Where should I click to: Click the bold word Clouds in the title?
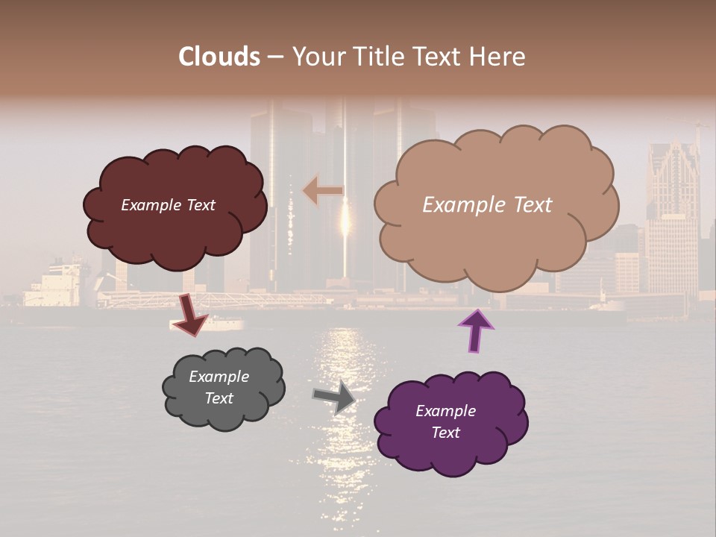coord(219,57)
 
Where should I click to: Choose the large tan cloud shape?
coord(496,239)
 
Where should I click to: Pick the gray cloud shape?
coord(224,410)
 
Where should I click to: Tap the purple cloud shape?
coord(450,447)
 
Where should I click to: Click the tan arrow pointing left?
coord(323,190)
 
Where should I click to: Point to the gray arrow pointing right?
coord(334,396)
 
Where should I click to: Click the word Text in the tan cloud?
coord(530,205)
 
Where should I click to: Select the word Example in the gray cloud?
coord(219,377)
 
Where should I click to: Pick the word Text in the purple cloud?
coord(445,433)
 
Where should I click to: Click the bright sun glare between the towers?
coord(345,220)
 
